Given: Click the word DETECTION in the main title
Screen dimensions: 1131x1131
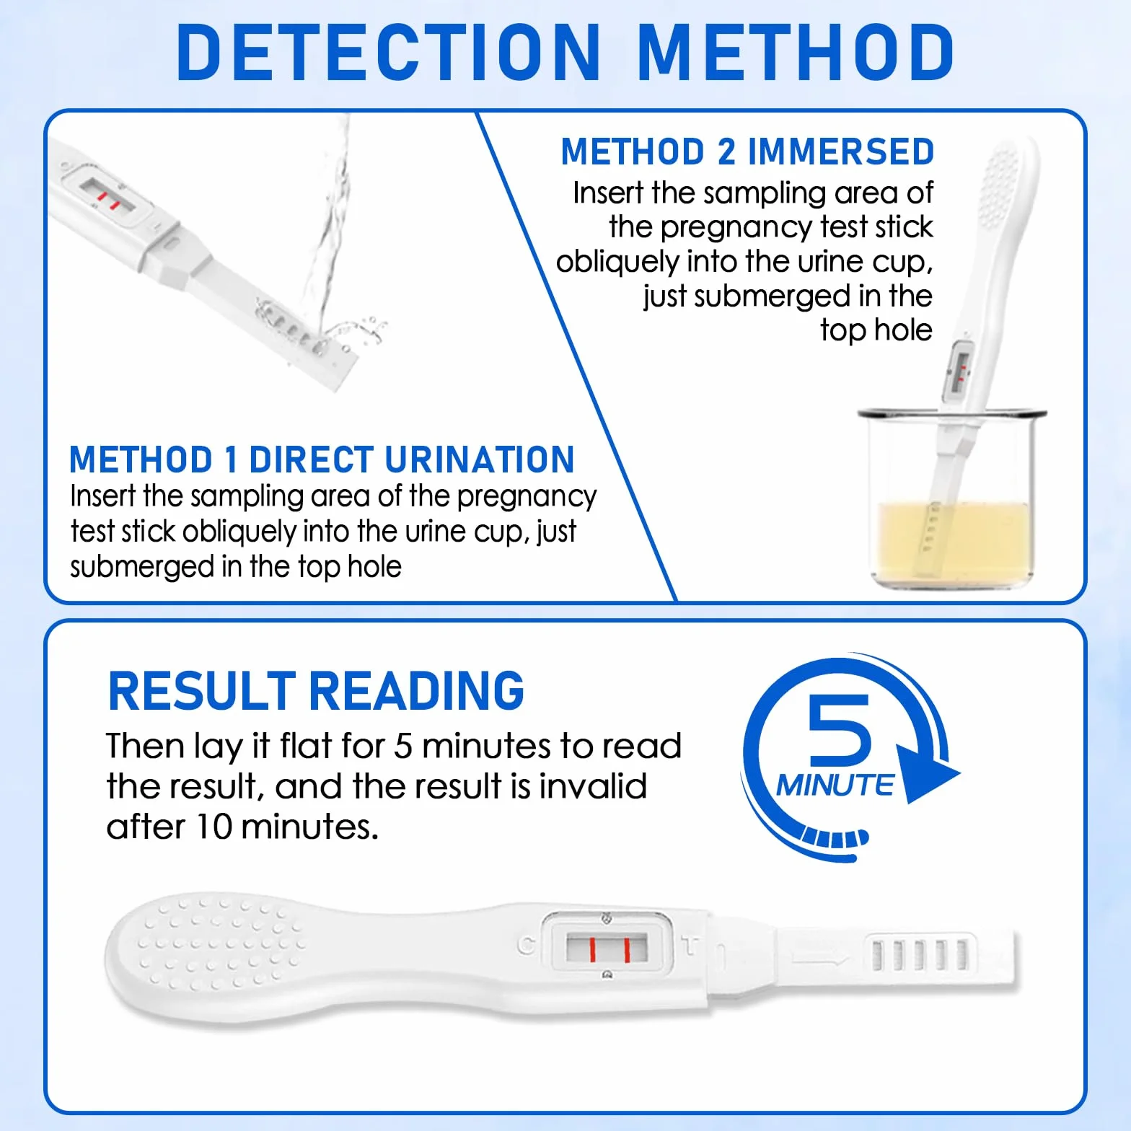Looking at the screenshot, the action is [388, 52].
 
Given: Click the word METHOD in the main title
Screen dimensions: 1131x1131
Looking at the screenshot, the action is [796, 52].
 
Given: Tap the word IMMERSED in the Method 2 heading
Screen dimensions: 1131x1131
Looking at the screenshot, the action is [841, 151].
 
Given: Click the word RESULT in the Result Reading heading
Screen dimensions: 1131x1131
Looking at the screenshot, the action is [202, 691].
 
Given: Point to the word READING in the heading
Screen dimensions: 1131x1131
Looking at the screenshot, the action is [417, 691].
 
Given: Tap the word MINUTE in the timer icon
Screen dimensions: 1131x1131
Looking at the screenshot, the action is [835, 785].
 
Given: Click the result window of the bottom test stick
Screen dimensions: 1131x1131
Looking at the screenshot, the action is [607, 947].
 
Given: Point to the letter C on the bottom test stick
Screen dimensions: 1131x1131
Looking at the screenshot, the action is [527, 946].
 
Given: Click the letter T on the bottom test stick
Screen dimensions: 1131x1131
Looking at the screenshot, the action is [690, 946].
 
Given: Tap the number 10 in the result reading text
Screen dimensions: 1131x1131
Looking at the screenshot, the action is [214, 827].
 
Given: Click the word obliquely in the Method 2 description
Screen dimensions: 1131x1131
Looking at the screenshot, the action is [617, 262].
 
